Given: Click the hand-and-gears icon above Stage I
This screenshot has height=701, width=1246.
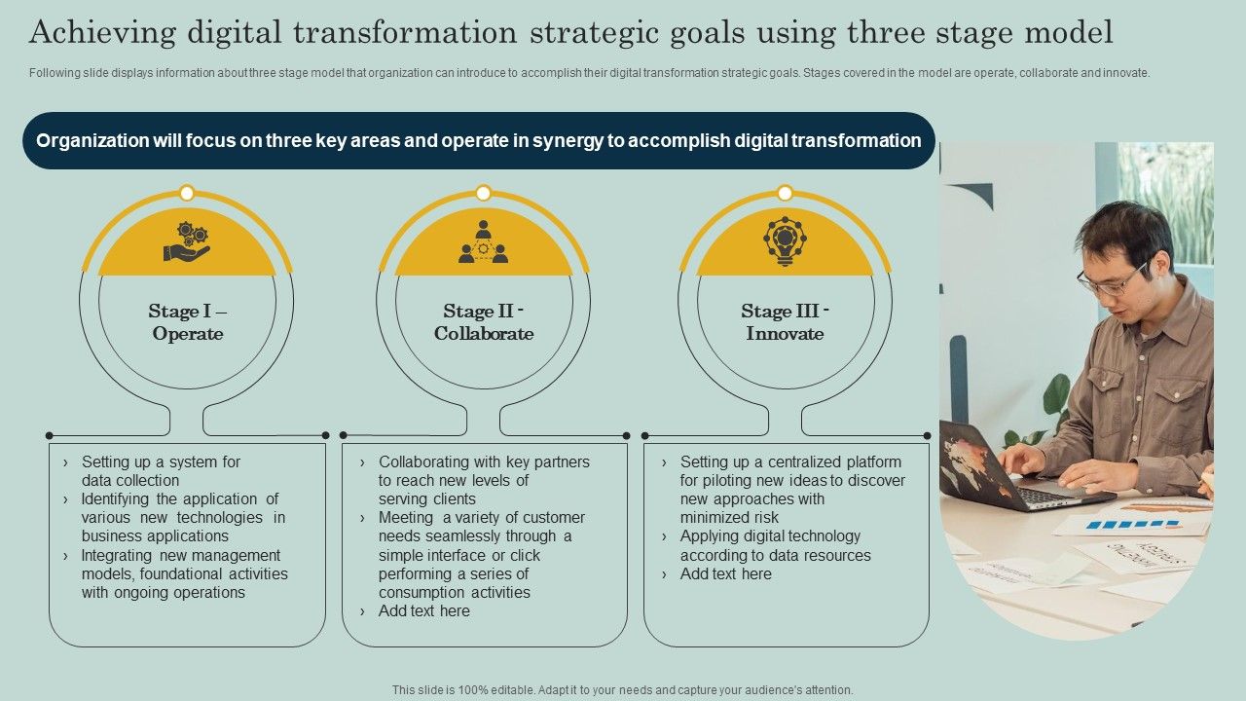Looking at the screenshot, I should (186, 242).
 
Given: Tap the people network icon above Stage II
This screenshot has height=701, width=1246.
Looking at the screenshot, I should (483, 242).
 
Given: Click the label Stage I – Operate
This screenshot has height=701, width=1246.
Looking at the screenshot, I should (187, 322).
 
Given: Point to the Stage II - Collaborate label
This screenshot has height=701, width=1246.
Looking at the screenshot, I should (484, 322).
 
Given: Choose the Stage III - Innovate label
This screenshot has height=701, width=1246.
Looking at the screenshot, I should (785, 322).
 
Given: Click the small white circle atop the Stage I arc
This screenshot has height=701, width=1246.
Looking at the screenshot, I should (187, 193).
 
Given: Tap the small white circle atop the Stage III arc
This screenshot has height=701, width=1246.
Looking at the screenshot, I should (785, 193).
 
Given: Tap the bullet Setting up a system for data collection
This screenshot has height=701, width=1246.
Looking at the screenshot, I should (161, 471).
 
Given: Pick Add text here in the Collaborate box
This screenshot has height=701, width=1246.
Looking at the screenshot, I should (424, 611).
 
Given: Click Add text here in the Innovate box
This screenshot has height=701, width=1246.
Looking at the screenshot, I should (726, 574).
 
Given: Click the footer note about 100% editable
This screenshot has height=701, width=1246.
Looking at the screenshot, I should (623, 690).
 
